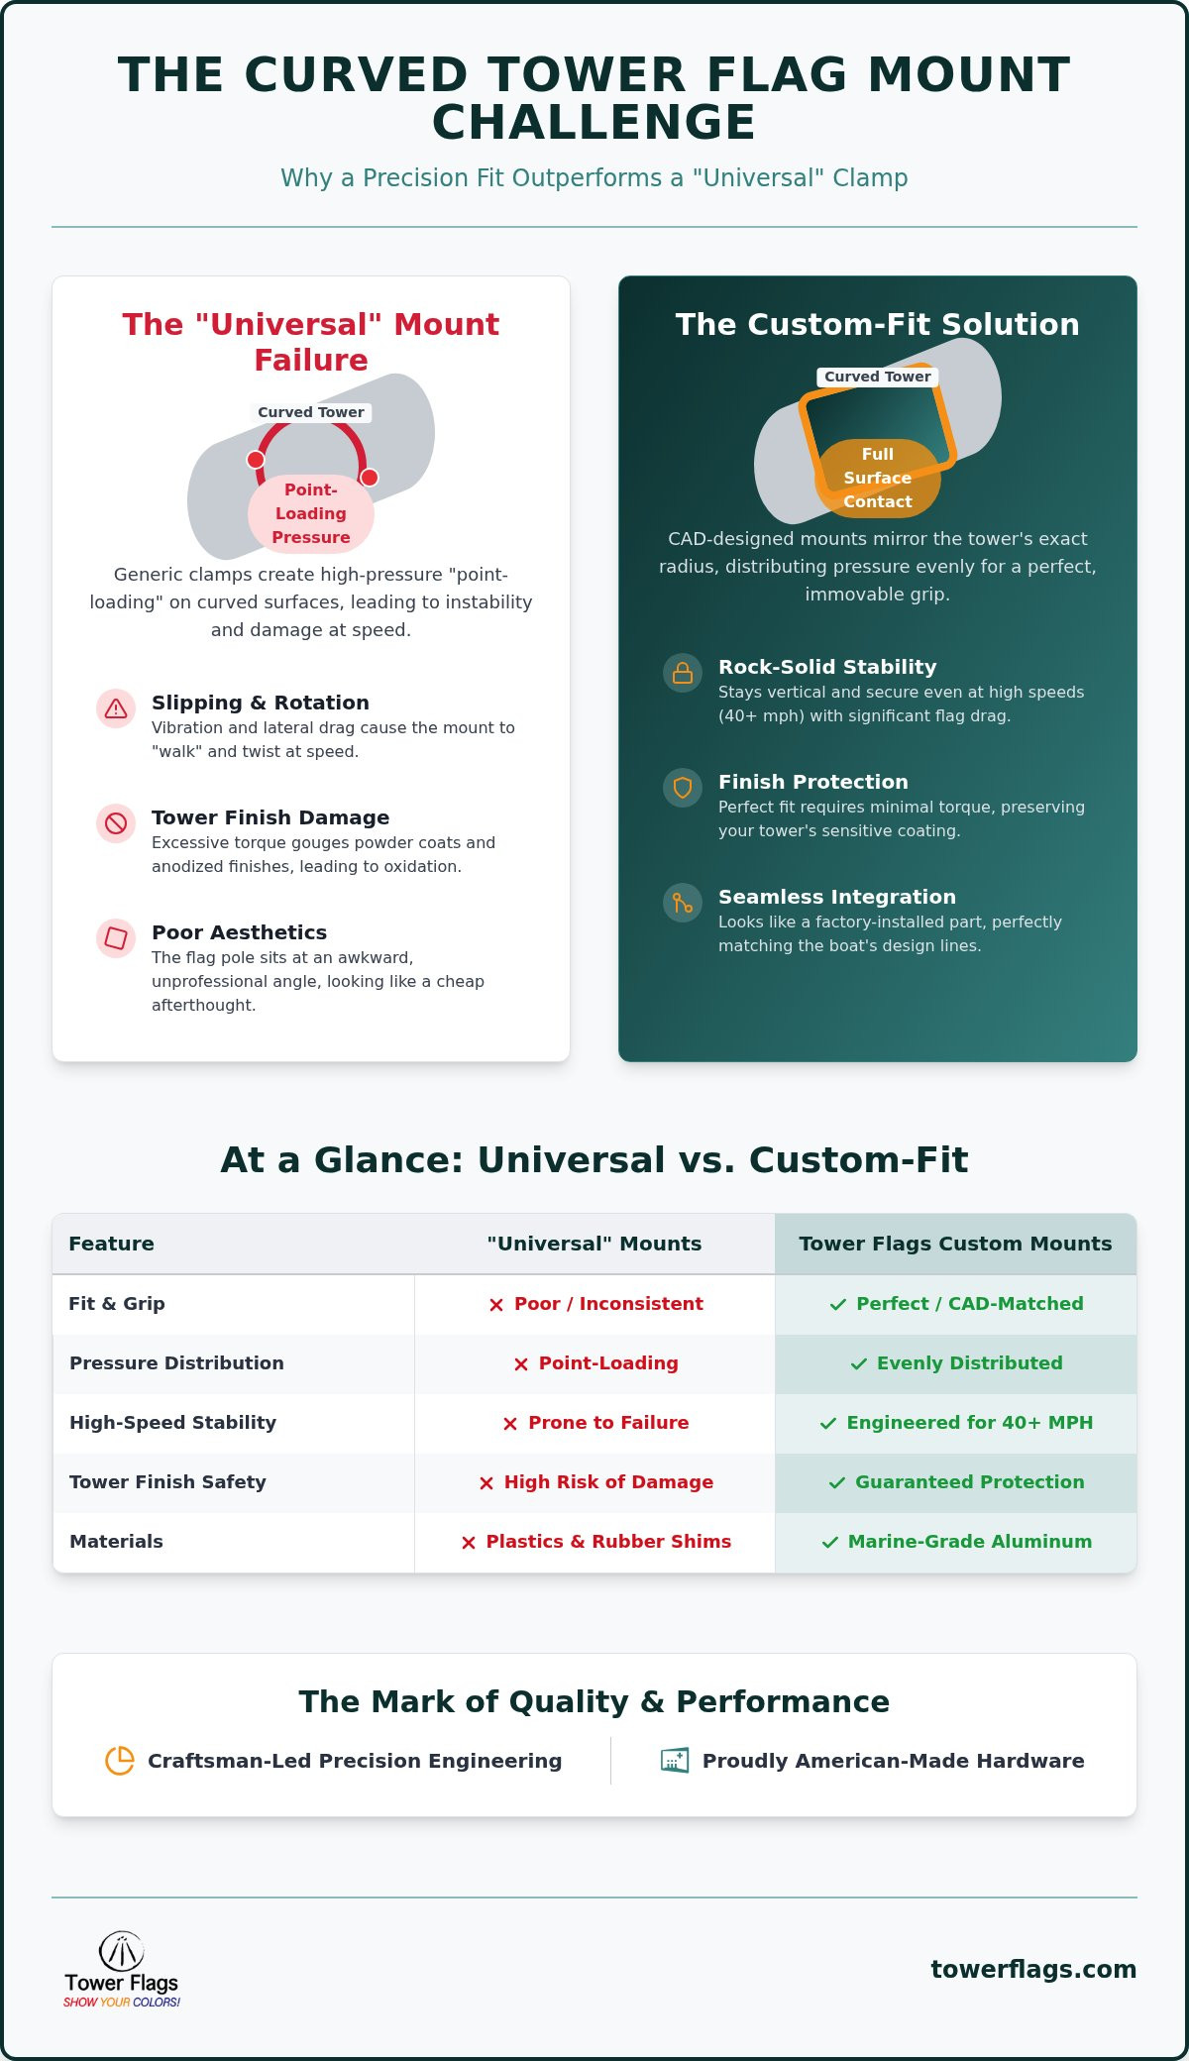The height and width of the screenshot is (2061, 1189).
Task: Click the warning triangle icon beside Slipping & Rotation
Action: (116, 708)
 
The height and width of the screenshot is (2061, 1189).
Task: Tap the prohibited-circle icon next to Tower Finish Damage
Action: (116, 823)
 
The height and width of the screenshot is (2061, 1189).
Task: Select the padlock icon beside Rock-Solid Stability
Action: (683, 673)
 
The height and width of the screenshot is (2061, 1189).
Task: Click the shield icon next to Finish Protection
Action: (683, 788)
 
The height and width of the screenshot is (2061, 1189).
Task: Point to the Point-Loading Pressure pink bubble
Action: (311, 513)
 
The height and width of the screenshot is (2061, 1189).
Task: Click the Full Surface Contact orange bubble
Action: (878, 478)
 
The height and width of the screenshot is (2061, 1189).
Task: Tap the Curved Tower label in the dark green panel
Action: (878, 377)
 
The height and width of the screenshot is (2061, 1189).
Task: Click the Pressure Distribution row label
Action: (176, 1362)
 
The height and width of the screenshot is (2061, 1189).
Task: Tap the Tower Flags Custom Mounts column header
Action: (955, 1244)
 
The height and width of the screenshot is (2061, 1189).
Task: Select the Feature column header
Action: (111, 1244)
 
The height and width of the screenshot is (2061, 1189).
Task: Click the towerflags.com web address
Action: (1033, 1969)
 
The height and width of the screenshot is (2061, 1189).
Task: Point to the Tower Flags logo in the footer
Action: (122, 1969)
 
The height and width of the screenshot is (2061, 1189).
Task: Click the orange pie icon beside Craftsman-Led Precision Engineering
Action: (120, 1761)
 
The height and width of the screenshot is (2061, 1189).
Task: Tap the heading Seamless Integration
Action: (837, 897)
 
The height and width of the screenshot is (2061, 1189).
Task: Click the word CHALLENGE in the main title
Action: (594, 123)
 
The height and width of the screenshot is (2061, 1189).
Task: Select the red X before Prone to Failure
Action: (510, 1423)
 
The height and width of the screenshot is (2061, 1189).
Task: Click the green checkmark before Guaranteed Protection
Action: (837, 1482)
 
